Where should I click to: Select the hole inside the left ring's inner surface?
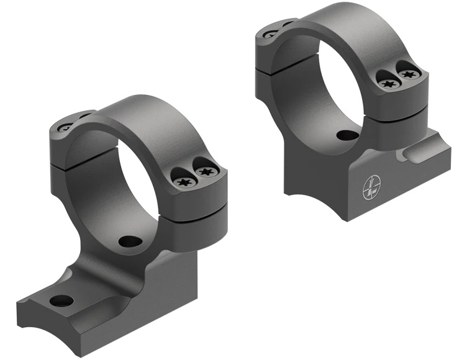pos(129,241)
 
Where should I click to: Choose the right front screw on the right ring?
pos(407,74)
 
